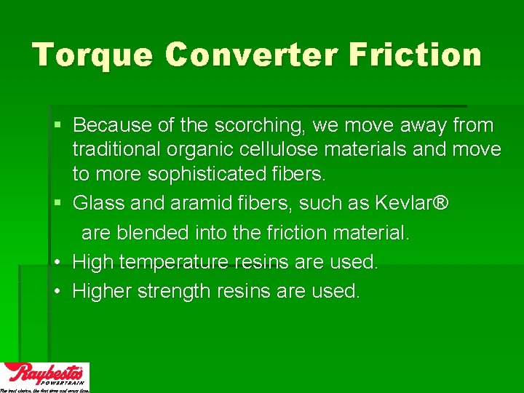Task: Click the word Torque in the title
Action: click(x=92, y=55)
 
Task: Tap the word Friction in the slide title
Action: click(x=418, y=55)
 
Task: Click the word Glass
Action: click(x=100, y=203)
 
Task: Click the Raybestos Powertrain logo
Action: click(x=45, y=376)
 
